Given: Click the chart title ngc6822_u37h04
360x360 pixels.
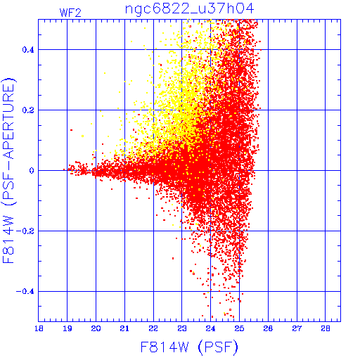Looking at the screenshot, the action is (189, 9).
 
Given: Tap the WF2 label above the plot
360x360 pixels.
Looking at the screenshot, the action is (70, 13).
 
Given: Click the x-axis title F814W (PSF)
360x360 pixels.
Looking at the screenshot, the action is (189, 347).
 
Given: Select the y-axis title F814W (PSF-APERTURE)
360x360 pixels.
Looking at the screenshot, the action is (9, 170).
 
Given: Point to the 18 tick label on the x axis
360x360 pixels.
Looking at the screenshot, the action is (39, 328).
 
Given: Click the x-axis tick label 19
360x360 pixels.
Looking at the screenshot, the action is (67, 328).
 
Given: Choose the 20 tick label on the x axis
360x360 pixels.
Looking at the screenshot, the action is (96, 328).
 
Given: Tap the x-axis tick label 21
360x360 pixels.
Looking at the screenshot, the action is (124, 328).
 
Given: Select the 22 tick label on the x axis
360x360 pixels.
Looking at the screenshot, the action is (153, 328).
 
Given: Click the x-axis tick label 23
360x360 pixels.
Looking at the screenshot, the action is (182, 328).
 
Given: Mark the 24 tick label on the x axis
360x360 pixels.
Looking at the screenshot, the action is (210, 328).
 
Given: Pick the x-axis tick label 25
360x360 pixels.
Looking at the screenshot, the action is (239, 328).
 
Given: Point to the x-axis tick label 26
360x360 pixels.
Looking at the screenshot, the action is (268, 328).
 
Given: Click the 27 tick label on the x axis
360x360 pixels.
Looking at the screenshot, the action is (297, 328).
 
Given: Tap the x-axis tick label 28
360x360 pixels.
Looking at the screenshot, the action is (326, 328).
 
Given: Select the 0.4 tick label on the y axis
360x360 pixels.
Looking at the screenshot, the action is (28, 50).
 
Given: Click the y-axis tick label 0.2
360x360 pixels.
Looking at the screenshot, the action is (28, 110).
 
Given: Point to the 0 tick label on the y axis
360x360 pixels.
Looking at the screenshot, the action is (32, 171).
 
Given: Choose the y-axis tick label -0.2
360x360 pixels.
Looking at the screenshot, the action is (25, 231).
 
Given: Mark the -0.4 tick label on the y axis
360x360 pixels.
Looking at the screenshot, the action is (25, 292).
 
